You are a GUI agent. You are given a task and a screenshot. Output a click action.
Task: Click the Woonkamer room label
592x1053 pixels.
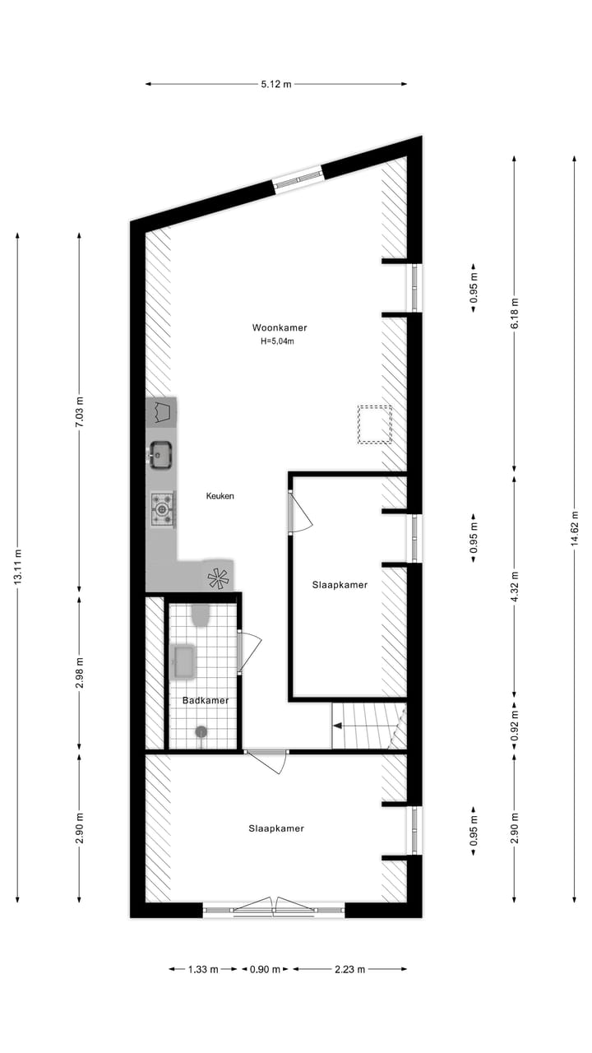pos(280,327)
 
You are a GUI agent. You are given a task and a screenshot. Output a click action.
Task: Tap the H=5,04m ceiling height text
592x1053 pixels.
pos(277,341)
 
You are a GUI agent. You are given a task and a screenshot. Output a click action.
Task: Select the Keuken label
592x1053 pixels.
pos(220,496)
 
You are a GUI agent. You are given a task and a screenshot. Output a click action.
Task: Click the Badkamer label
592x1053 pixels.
pos(205,701)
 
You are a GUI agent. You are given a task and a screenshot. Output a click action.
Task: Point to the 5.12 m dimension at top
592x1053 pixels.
pos(275,84)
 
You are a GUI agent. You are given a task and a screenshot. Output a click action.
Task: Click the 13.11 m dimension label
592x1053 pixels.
pos(17,568)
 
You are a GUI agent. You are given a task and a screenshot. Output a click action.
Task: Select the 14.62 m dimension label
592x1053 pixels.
pos(574,527)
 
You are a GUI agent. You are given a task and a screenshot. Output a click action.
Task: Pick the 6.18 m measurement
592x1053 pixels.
pos(515,313)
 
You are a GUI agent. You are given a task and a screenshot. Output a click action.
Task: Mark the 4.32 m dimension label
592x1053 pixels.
pos(515,587)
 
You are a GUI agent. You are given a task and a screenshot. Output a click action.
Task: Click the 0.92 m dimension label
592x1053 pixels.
pos(515,726)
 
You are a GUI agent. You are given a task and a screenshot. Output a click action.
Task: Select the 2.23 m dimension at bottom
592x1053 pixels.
pos(349,969)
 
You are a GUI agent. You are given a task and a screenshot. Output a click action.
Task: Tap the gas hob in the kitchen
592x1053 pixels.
pos(162,509)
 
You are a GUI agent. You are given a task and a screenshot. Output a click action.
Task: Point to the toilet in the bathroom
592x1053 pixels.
pos(201,615)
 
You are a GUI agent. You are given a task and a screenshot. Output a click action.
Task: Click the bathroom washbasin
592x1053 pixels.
pos(183,661)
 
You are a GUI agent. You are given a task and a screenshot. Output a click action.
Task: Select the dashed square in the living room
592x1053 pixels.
pos(374,424)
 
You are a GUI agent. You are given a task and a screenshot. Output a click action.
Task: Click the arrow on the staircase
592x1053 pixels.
pos(337,726)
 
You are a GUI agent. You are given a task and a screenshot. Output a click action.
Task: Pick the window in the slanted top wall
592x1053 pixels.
pos(298,179)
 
